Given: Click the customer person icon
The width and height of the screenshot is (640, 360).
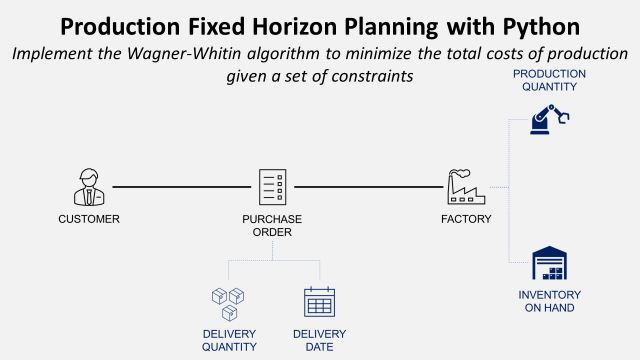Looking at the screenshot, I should tap(89, 187).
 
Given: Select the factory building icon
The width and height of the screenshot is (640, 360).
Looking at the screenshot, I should tap(466, 187).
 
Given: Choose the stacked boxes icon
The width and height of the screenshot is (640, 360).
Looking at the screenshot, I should tap(228, 302).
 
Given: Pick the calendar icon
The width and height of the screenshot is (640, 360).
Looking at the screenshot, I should tap(319, 302).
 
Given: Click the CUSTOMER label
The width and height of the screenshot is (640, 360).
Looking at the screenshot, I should tap(89, 219).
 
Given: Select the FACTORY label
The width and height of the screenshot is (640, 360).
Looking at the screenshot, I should tap(466, 219).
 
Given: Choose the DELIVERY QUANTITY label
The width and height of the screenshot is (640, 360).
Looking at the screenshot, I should tap(228, 340).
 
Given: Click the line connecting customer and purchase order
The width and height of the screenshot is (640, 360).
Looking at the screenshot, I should tap(180, 187).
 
